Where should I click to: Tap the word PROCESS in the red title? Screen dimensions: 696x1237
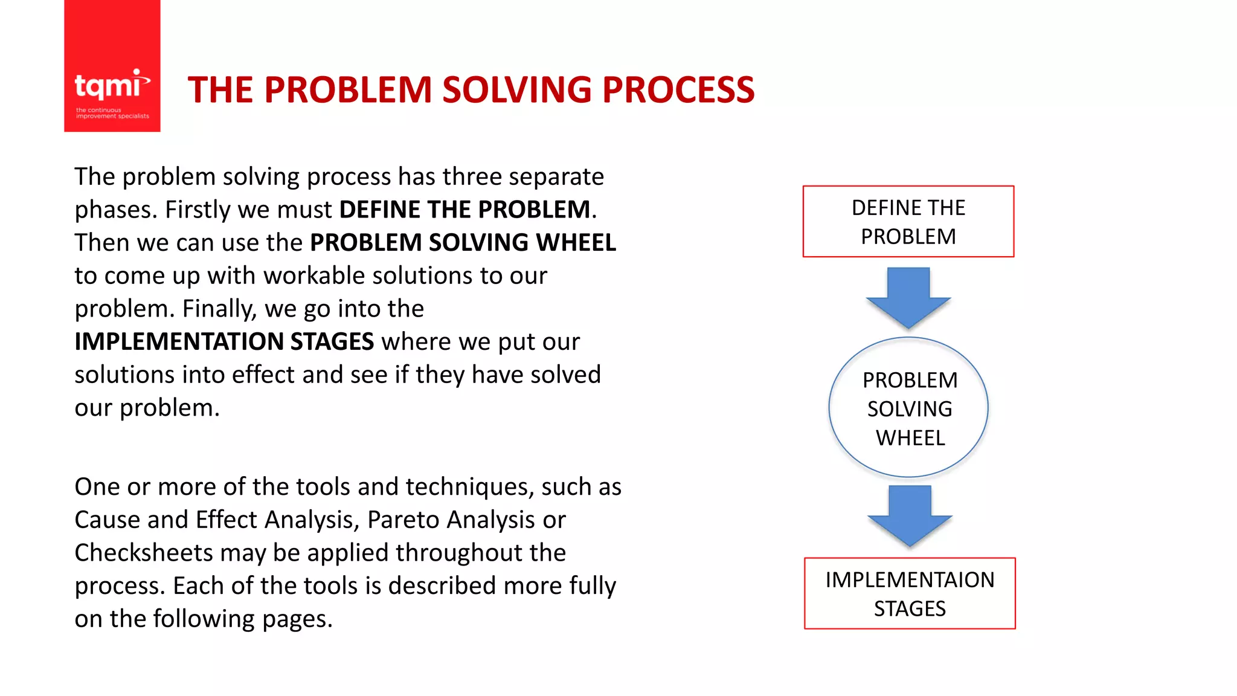coord(678,90)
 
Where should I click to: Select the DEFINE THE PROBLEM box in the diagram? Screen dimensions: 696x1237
coord(908,222)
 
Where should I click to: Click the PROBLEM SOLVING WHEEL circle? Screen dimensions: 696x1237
coord(908,408)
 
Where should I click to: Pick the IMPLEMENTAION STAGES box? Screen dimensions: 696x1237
coord(910,593)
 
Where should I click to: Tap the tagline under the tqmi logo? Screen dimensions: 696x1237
coord(112,113)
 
